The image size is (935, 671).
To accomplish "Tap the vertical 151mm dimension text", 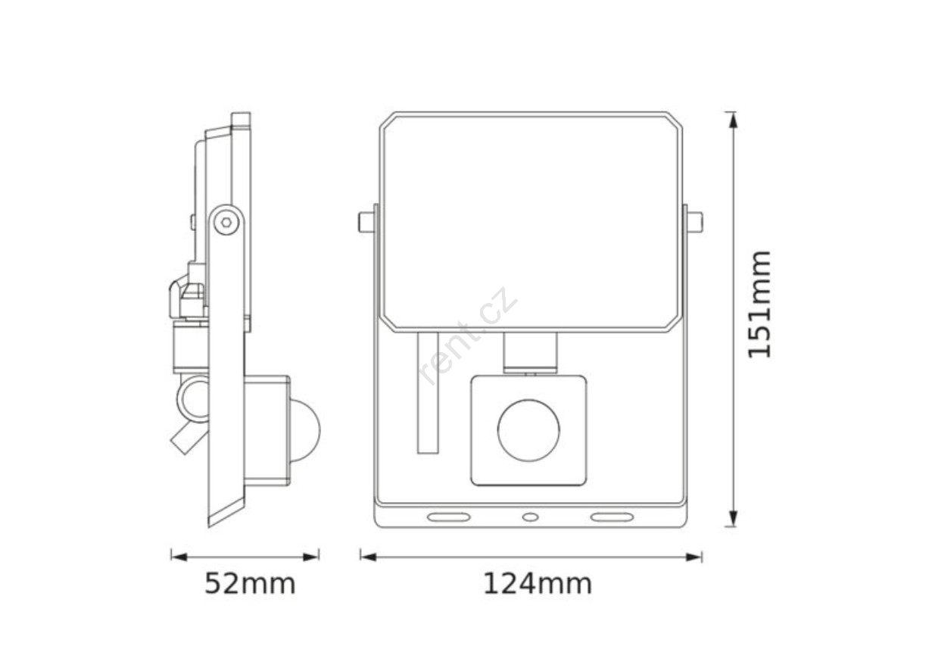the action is tap(759, 304).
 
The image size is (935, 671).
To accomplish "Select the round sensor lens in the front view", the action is tap(528, 430).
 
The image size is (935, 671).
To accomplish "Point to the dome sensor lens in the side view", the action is tap(306, 430).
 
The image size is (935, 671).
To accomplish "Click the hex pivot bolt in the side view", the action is tap(226, 222).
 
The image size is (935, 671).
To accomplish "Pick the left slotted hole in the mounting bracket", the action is tap(449, 517).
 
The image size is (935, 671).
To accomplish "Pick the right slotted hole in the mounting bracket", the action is tap(612, 517).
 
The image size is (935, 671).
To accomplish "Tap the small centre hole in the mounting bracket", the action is tap(531, 517).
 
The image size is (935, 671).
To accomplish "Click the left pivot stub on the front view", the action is tap(366, 222).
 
